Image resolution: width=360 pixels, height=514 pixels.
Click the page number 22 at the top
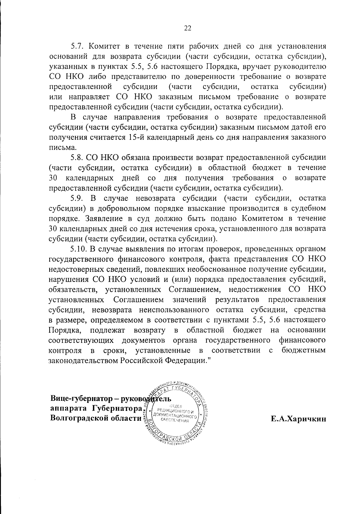(187, 28)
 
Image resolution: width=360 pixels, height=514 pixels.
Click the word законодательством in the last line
(83, 360)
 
